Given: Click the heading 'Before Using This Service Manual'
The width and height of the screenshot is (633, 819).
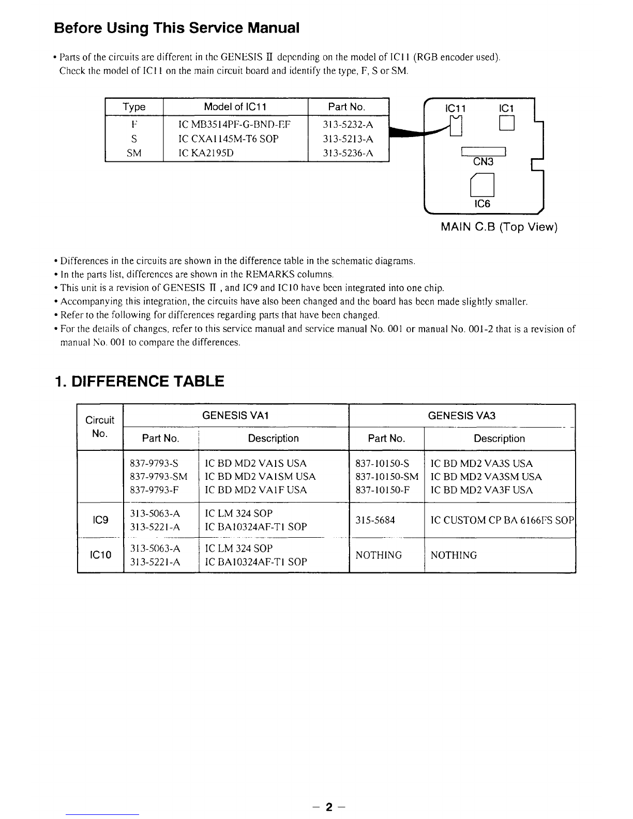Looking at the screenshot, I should click(x=176, y=27).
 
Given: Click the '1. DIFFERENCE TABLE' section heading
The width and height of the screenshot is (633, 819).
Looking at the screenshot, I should click(x=139, y=382).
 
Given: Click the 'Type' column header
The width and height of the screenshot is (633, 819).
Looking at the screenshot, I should click(x=134, y=107).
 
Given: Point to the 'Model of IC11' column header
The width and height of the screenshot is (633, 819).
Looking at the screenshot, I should click(x=235, y=107).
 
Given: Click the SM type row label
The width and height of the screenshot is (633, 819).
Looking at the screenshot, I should click(x=134, y=153).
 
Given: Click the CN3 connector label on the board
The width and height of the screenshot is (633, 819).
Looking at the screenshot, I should click(x=483, y=162).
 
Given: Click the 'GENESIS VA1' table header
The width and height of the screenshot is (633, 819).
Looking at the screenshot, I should click(x=236, y=416).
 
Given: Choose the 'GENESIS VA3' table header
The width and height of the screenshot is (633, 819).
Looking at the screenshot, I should click(x=462, y=416).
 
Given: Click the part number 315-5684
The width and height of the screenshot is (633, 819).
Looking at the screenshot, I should click(x=375, y=520).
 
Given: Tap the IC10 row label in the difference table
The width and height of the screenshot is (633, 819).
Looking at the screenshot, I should click(x=100, y=555).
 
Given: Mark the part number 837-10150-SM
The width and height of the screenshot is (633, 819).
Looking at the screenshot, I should click(x=387, y=477).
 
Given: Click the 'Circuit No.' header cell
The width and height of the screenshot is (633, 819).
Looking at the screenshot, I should click(x=100, y=427).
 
